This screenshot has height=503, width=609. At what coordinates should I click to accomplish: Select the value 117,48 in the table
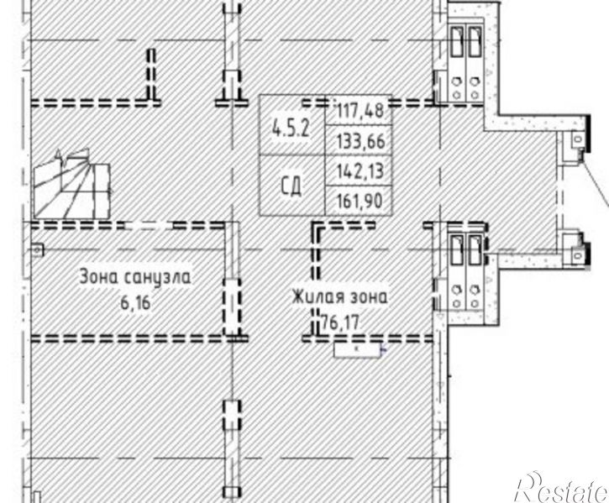[360, 110]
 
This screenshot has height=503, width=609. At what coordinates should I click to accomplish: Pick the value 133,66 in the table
[361, 141]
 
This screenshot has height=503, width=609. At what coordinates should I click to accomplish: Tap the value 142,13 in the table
[360, 171]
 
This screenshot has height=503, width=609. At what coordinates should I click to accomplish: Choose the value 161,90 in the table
[360, 201]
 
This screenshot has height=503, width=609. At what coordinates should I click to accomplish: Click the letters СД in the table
[291, 186]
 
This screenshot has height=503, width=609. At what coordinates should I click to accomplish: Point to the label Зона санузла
[135, 277]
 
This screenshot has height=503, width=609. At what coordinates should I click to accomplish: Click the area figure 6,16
[135, 302]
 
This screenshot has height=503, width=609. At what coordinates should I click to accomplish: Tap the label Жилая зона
[340, 297]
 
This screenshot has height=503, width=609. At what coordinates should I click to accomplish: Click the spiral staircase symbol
[72, 184]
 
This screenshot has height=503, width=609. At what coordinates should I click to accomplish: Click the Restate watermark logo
[562, 487]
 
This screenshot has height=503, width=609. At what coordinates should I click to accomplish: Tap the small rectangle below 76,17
[357, 350]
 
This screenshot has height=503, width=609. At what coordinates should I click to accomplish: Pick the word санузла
[159, 278]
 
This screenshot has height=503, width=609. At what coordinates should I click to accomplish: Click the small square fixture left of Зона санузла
[38, 249]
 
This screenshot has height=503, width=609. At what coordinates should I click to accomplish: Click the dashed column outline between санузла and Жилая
[232, 307]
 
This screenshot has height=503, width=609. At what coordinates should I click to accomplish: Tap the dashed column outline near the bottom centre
[232, 415]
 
